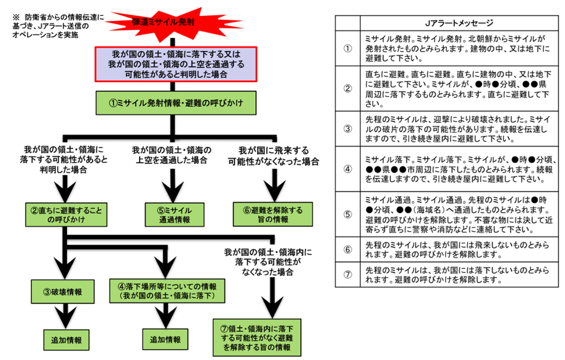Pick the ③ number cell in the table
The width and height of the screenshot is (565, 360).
coord(347,129)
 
